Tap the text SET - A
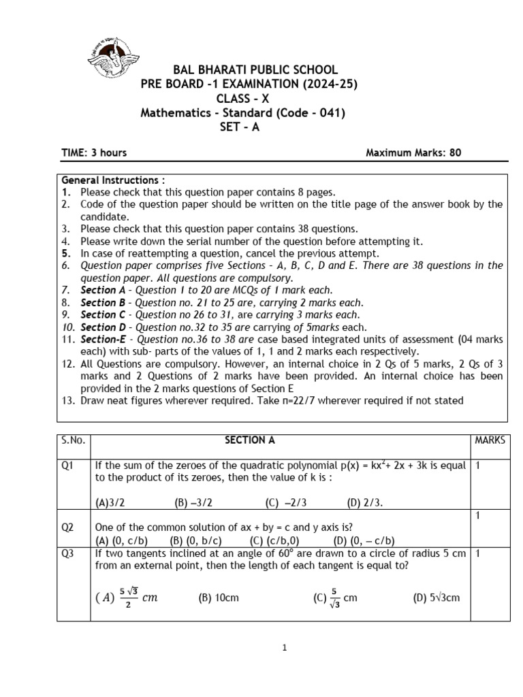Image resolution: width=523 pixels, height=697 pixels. coord(239,127)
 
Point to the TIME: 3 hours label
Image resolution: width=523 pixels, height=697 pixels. coord(94,152)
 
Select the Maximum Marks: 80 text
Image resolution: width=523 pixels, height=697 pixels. coord(413,152)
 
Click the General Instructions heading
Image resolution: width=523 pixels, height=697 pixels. coord(113,180)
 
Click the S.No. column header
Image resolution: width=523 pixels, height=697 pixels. coord(73,440)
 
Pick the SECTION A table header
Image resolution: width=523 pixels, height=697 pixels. coord(250,440)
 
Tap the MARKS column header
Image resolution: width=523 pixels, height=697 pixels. coord(490,440)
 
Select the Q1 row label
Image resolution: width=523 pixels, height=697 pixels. coord(68,466)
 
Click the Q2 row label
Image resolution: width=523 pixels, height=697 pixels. coord(68,527)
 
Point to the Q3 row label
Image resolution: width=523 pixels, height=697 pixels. coord(68,554)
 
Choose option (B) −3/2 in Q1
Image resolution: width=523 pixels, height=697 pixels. coord(190,503)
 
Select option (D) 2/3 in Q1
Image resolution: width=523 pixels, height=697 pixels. coord(365,503)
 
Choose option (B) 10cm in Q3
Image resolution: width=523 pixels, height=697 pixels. coord(219,598)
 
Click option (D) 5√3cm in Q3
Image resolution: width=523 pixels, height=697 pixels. coord(437,598)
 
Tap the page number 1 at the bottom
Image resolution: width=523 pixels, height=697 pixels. coord(285,648)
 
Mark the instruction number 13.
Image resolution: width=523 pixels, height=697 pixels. coord(68,400)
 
